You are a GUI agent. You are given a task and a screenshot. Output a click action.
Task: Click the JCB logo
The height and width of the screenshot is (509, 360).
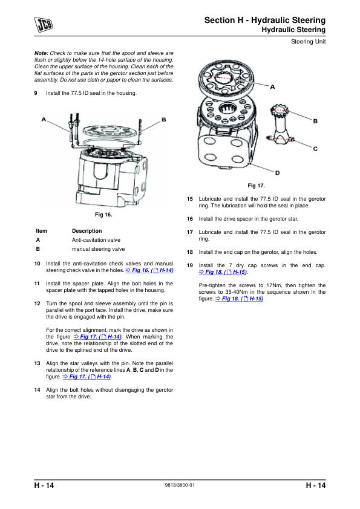pyautogui.click(x=44, y=25)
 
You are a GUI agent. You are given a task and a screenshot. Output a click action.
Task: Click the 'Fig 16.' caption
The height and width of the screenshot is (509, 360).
pyautogui.click(x=103, y=215)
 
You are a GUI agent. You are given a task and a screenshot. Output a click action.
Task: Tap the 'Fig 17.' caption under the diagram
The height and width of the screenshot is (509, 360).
pyautogui.click(x=256, y=186)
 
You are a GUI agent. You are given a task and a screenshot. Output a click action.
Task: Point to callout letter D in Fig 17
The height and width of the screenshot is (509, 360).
pyautogui.click(x=278, y=173)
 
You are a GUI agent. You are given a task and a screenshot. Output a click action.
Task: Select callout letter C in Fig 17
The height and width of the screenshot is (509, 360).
pyautogui.click(x=315, y=149)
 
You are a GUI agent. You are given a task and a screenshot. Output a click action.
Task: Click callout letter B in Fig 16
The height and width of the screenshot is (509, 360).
pyautogui.click(x=164, y=120)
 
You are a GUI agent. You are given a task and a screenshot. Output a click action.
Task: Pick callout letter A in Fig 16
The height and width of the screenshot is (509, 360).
pyautogui.click(x=44, y=120)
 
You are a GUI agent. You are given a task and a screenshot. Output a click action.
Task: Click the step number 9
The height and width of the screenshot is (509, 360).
pyautogui.click(x=36, y=93)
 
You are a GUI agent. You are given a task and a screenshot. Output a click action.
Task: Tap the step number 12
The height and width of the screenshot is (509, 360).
pyautogui.click(x=37, y=303)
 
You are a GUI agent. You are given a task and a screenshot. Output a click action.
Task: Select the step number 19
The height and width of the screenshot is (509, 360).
pyautogui.click(x=190, y=265)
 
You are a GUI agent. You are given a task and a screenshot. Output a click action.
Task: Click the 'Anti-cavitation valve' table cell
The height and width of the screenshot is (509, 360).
pyautogui.click(x=96, y=240)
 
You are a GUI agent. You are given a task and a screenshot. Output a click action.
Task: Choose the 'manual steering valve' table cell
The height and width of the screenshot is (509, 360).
pyautogui.click(x=98, y=249)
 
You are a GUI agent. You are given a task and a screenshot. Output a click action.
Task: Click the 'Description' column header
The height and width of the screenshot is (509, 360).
pyautogui.click(x=87, y=231)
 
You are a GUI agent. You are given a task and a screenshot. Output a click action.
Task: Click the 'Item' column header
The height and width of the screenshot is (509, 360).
pyautogui.click(x=41, y=231)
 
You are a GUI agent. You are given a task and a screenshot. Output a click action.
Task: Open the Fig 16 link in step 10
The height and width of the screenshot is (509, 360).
pyautogui.click(x=149, y=270)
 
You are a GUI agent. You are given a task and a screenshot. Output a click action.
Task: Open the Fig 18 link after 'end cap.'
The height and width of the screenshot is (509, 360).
pyautogui.click(x=223, y=272)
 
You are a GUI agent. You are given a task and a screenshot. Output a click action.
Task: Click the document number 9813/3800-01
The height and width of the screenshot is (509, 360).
pyautogui.click(x=180, y=485)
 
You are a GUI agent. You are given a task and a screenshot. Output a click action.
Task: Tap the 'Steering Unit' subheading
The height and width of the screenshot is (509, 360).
pyautogui.click(x=308, y=42)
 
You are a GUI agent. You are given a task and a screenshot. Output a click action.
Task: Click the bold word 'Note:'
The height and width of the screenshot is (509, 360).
pyautogui.click(x=41, y=53)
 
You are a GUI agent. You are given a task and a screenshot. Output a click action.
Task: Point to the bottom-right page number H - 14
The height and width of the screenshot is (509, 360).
pyautogui.click(x=315, y=485)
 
